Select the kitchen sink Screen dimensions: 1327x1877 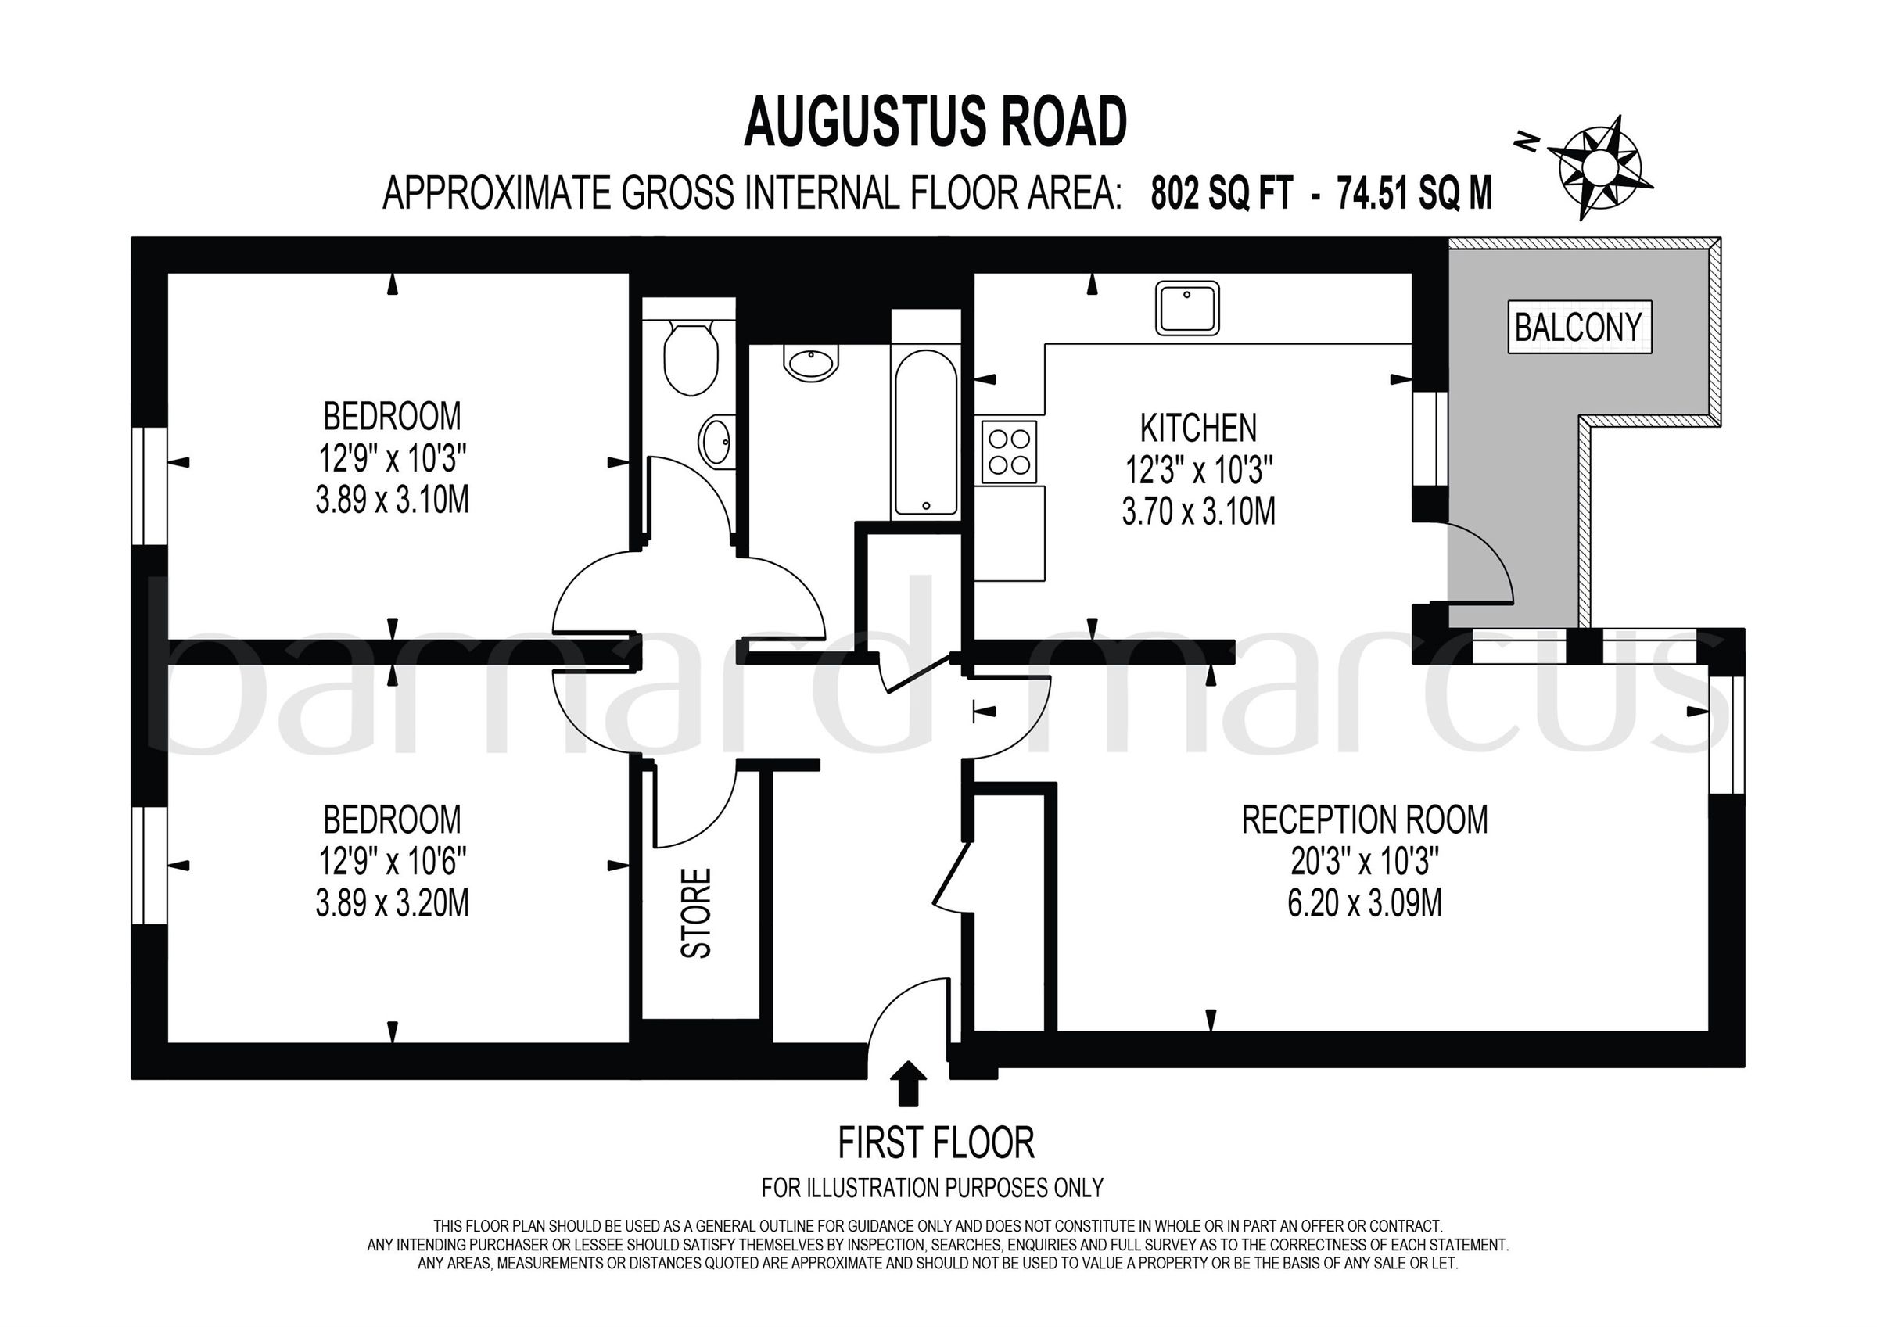tap(1187, 308)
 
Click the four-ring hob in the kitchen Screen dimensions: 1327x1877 tap(1009, 450)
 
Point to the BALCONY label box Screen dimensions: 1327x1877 tap(1577, 327)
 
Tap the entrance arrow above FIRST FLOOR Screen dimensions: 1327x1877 tap(913, 1082)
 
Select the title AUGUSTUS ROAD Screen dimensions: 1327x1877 tap(935, 123)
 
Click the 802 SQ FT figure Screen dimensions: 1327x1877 tap(1222, 195)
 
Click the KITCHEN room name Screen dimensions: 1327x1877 tap(1198, 429)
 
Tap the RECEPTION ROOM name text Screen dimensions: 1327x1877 tap(1365, 820)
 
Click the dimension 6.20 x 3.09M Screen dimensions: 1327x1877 tap(1365, 904)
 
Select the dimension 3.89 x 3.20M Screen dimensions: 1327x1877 tap(393, 904)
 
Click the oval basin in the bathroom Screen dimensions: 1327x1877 tap(811, 362)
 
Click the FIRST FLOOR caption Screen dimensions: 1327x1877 tap(936, 1143)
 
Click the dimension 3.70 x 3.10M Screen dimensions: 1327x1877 tap(1198, 513)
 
